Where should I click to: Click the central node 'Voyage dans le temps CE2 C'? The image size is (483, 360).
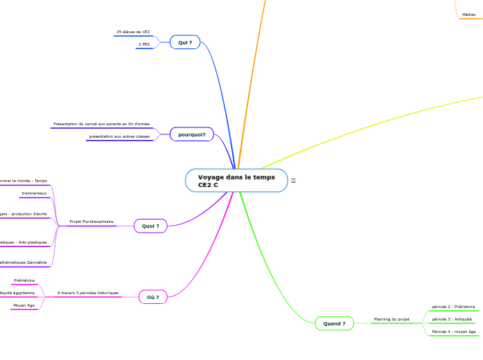[236, 181]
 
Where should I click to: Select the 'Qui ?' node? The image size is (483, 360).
[185, 42]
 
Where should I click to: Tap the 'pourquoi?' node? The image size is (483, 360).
[192, 134]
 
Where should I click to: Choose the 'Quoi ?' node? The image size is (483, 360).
[150, 226]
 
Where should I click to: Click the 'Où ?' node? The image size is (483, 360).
[153, 297]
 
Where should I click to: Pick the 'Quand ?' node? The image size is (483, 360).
[334, 323]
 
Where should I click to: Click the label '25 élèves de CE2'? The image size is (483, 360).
[133, 32]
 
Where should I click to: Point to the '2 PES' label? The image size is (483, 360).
[144, 44]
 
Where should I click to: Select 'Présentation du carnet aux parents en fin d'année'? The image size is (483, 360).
[101, 124]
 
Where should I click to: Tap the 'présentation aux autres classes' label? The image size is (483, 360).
[119, 136]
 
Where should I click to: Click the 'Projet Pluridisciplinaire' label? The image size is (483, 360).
[91, 222]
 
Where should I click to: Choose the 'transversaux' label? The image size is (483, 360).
[34, 193]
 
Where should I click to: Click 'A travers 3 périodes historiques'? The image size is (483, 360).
[88, 293]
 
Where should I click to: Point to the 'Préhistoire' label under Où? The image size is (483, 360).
[24, 280]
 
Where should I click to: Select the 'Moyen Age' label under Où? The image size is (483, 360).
[24, 305]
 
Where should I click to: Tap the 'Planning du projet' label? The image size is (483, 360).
[392, 319]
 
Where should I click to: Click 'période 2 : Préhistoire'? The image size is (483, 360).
[453, 307]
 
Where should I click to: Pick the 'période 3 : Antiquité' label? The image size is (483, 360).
[452, 319]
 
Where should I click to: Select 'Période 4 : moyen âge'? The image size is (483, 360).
[454, 332]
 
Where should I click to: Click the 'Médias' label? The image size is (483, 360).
[469, 15]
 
